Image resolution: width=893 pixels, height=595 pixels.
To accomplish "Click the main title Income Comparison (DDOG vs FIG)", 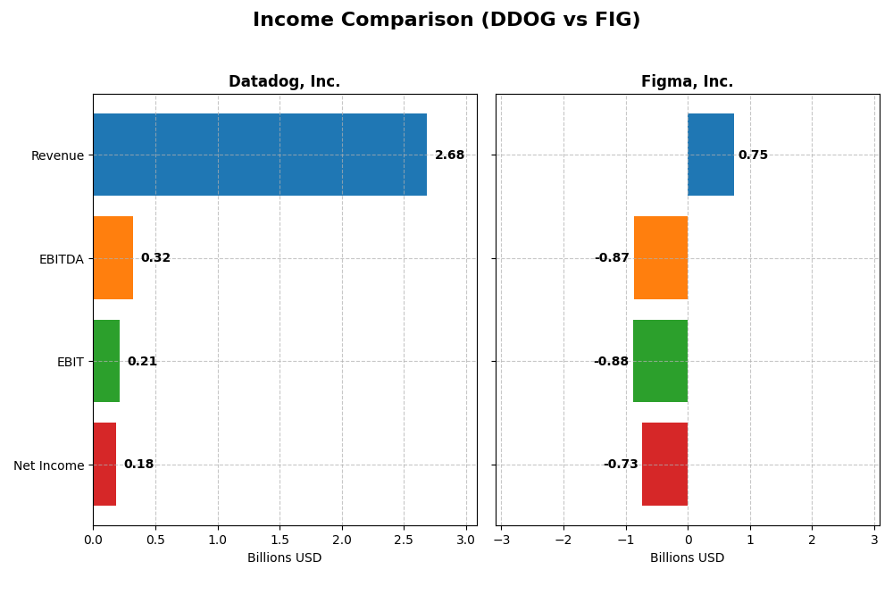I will [446, 20].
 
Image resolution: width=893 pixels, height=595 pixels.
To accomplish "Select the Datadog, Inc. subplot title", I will [284, 82].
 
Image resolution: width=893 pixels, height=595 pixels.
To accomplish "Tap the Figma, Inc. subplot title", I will [687, 82].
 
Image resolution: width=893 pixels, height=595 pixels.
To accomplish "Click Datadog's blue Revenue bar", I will [260, 155].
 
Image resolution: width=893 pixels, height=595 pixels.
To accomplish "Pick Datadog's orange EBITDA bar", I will [113, 258].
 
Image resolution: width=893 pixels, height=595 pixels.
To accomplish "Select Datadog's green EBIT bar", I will [106, 361].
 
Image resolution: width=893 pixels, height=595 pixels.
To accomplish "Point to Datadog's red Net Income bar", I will [104, 465].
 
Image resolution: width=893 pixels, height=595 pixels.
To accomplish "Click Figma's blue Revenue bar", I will [711, 155].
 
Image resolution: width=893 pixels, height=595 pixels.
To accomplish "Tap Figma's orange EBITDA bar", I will [661, 258].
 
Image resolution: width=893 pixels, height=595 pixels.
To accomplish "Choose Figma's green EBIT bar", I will [660, 361].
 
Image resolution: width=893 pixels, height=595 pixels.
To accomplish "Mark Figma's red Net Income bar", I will [664, 465].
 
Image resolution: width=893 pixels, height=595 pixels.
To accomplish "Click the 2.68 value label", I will [449, 155].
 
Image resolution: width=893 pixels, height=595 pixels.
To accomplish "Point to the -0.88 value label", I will [612, 362].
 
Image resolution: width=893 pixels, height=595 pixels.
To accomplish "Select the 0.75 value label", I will [753, 155].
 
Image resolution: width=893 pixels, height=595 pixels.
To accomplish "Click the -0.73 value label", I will [621, 465].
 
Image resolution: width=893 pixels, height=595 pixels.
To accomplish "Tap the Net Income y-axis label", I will [48, 465].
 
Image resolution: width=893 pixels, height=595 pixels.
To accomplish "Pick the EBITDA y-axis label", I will [61, 259].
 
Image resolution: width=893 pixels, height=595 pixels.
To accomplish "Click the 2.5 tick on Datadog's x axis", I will [404, 540].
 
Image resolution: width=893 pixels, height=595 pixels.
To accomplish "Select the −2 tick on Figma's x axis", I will [563, 540].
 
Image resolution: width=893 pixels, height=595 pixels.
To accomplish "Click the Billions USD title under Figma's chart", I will [687, 558].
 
